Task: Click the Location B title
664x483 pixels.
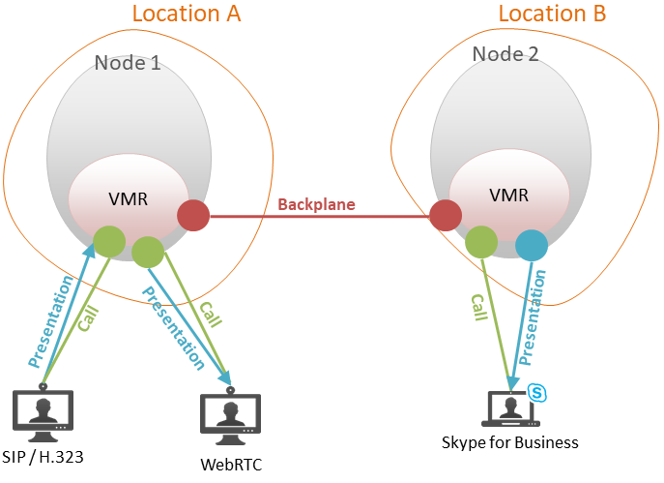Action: pos(552,14)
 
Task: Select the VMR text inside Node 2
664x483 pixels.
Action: pos(508,195)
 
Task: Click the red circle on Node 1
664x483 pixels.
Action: pos(193,216)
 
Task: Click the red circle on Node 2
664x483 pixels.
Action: pos(446,215)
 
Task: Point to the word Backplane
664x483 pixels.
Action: pos(316,204)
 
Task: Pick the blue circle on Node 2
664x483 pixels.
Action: pos(531,245)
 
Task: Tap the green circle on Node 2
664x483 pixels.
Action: pos(480,242)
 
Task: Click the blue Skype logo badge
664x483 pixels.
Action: pos(537,392)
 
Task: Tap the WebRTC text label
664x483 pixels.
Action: pos(231,464)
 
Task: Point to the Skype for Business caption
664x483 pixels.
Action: pos(509,443)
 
